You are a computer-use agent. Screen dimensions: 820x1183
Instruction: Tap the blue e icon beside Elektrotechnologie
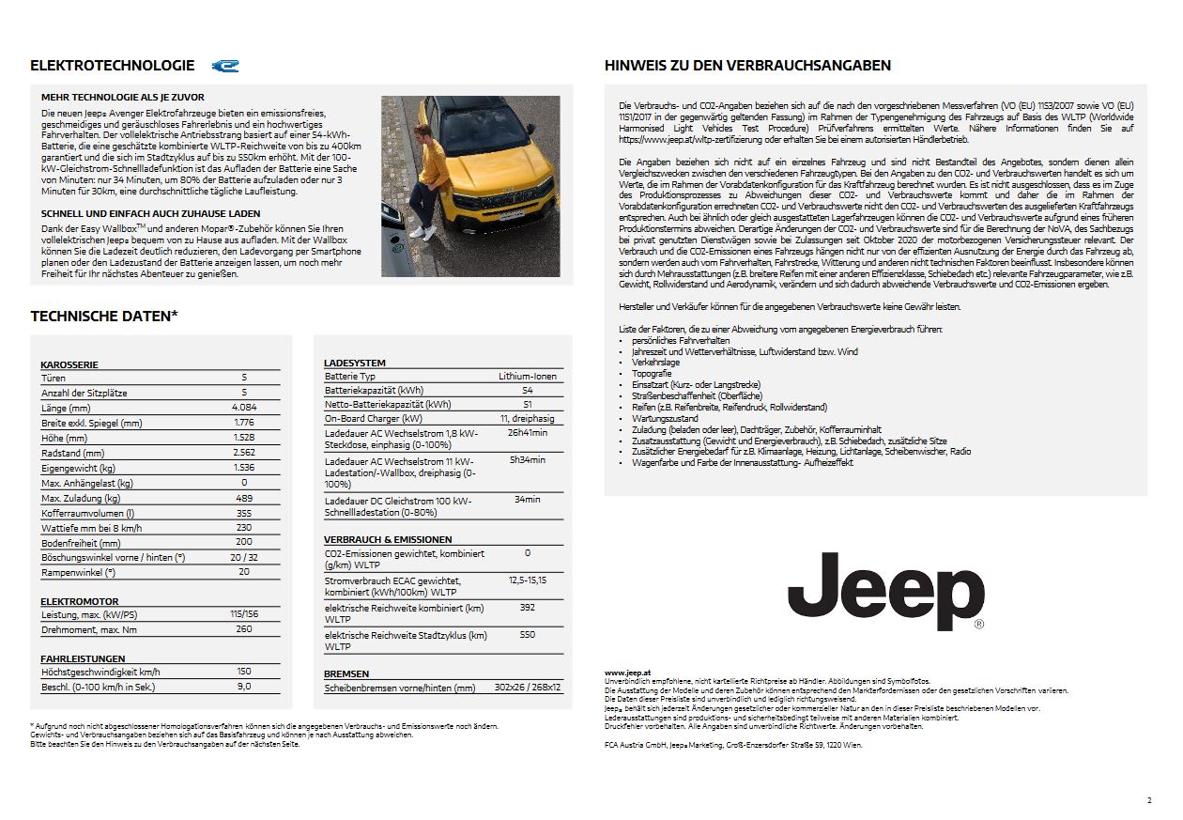point(225,66)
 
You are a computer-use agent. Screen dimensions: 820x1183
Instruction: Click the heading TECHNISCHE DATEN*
point(104,317)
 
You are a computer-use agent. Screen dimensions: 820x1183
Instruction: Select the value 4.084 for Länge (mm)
point(244,408)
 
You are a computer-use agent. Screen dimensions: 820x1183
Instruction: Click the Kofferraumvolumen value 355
point(244,513)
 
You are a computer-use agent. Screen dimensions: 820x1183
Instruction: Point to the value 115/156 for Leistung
point(244,613)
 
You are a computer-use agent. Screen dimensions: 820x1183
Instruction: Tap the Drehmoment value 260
point(244,628)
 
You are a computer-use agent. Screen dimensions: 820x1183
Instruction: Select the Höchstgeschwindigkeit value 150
point(244,672)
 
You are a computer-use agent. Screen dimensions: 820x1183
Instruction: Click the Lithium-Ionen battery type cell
point(527,376)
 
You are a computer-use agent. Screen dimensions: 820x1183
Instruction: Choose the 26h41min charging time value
point(527,433)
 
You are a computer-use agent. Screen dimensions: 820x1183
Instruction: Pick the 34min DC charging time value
point(527,500)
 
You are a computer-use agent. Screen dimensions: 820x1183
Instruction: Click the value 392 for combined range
point(527,608)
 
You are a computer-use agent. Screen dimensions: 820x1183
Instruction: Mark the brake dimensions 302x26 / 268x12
point(527,688)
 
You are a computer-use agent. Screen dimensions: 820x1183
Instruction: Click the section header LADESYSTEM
point(354,363)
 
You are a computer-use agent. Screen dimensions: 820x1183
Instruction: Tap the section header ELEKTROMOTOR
point(80,600)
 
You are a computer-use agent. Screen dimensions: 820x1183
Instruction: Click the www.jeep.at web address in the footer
point(628,673)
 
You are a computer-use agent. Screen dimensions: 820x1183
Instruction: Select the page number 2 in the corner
point(1148,800)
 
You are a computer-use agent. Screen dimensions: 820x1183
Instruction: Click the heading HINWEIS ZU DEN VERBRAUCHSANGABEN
point(747,66)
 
